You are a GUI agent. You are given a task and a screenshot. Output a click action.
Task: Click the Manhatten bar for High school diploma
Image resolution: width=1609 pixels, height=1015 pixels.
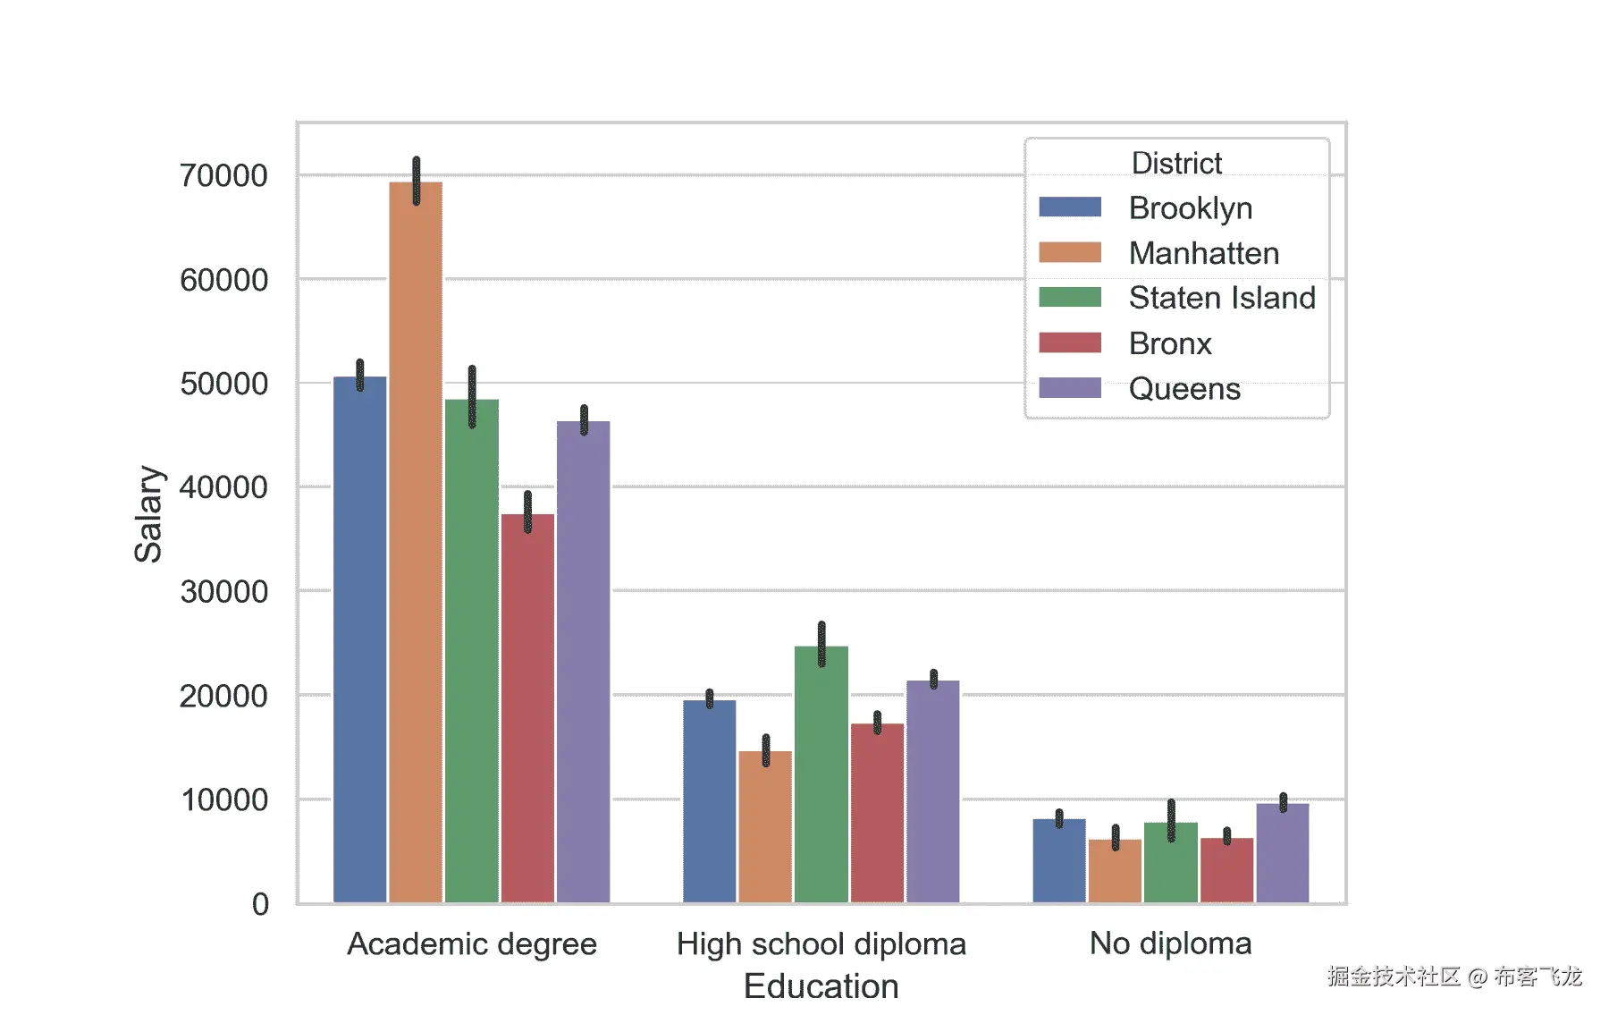click(x=765, y=827)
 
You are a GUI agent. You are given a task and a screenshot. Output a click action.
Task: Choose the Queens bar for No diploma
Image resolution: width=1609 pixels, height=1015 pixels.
click(x=1282, y=853)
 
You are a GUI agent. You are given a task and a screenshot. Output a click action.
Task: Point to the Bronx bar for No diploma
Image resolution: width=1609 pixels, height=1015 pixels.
click(x=1226, y=870)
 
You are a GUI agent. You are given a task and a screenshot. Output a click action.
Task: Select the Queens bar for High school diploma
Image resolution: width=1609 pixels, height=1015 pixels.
click(x=932, y=791)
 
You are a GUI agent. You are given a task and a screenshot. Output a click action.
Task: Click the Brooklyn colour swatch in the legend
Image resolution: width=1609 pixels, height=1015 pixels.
click(x=1070, y=207)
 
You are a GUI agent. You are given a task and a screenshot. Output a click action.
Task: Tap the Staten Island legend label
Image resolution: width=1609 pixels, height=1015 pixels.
click(x=1222, y=298)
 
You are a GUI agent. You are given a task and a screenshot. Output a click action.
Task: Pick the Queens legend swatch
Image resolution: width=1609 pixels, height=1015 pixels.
click(x=1070, y=388)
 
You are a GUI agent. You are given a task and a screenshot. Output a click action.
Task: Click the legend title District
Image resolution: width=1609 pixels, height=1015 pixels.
click(x=1176, y=164)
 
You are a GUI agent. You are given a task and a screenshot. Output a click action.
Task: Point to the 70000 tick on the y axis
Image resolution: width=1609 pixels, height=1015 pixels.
click(x=223, y=176)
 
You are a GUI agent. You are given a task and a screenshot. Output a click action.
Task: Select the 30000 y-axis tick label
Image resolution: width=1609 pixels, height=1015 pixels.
click(x=223, y=592)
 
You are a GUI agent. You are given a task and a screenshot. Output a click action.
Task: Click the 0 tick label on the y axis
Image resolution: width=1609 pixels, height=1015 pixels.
click(x=260, y=904)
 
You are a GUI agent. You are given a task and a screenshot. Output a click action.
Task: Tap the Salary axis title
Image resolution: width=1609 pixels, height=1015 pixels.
click(x=148, y=514)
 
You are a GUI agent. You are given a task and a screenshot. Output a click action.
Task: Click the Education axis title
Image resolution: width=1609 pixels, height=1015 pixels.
click(x=821, y=986)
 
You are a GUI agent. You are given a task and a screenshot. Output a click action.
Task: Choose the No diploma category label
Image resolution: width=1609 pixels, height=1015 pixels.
click(x=1170, y=943)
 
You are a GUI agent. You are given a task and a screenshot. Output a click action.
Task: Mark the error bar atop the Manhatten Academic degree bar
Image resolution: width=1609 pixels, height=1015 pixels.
click(x=417, y=180)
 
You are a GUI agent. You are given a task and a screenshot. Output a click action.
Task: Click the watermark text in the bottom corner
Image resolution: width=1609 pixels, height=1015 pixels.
click(x=1454, y=977)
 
